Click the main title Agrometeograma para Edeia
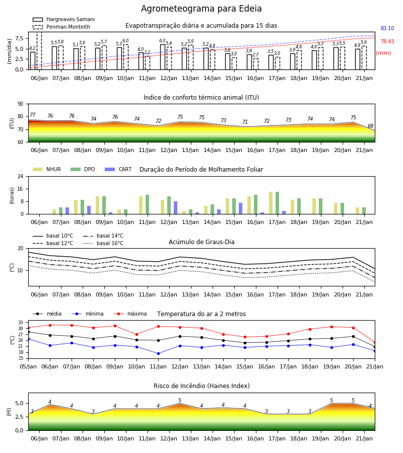[x=201, y=9]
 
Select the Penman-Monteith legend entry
[x=61, y=27]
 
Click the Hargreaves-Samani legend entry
[x=63, y=19]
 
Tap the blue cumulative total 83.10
[x=387, y=28]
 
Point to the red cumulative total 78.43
[x=387, y=41]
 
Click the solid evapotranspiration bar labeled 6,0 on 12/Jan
[x=163, y=57]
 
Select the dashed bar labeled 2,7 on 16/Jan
[x=255, y=64]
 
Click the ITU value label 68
[x=370, y=126]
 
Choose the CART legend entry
[x=118, y=169]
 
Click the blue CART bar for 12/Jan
[x=175, y=208]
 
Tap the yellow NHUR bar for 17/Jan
[x=271, y=203]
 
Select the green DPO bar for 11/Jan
[x=148, y=204]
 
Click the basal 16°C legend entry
[x=103, y=243]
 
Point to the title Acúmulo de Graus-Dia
[x=201, y=242]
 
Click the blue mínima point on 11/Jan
[x=158, y=354]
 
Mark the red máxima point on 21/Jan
[x=375, y=343]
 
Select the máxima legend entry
[x=130, y=314]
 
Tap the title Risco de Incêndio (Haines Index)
[x=201, y=386]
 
